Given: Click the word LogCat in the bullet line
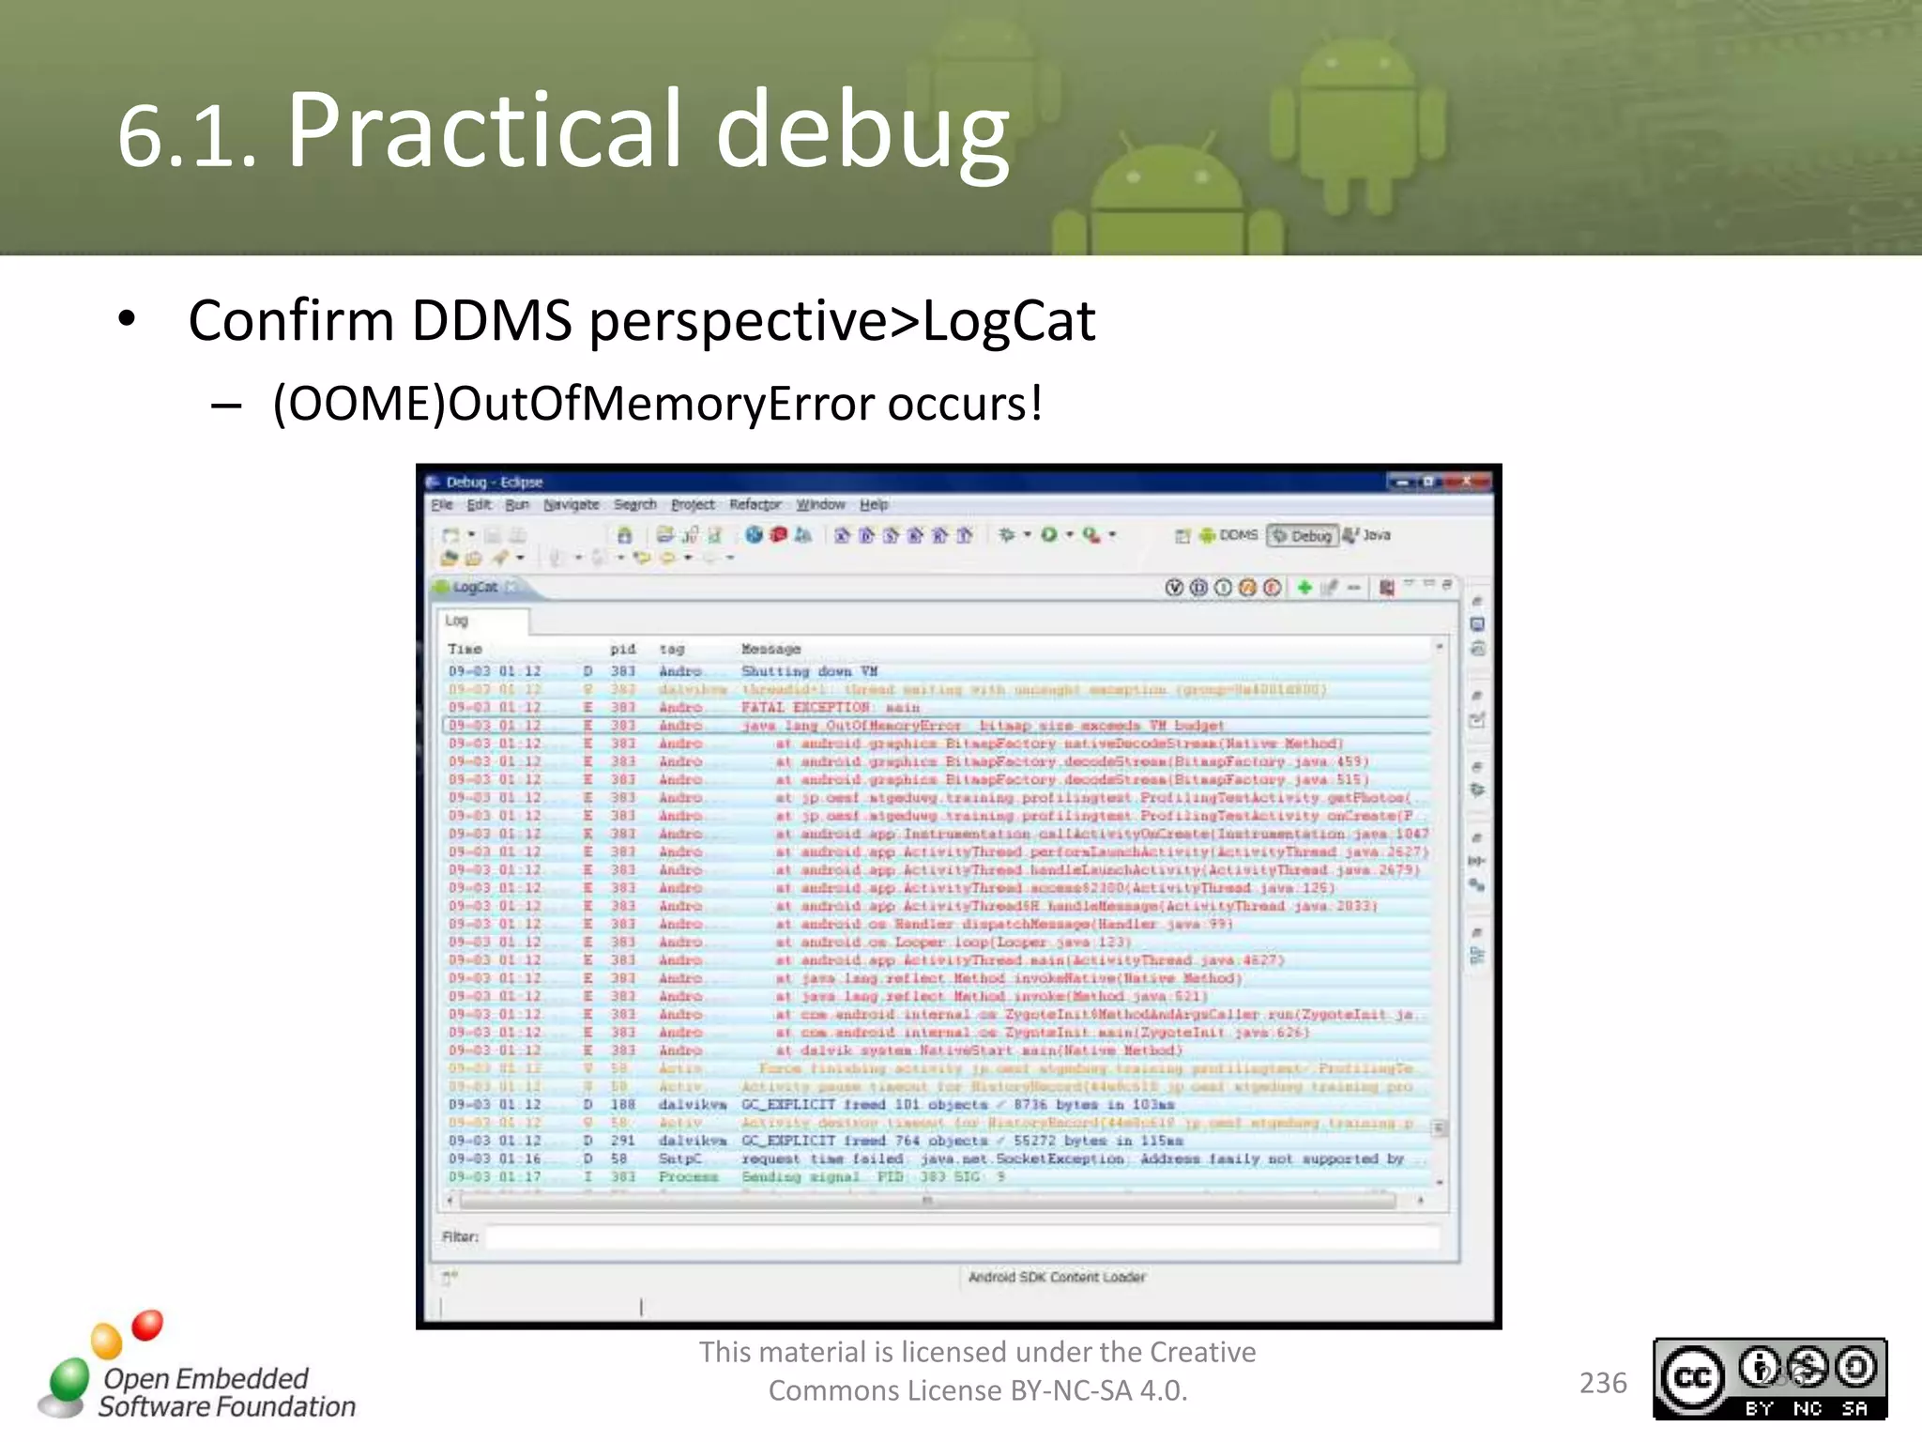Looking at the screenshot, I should (x=1008, y=321).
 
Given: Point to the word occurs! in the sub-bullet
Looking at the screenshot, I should (x=965, y=404).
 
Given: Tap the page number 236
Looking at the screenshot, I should (x=1603, y=1383).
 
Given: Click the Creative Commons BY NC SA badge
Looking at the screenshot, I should (x=1769, y=1378).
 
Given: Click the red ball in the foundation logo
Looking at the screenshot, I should (x=147, y=1325).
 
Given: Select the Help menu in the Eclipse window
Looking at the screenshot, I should (x=874, y=505).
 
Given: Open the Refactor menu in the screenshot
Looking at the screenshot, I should (x=755, y=505).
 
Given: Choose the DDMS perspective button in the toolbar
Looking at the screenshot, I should (x=1228, y=535).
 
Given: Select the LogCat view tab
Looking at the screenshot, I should (x=474, y=588).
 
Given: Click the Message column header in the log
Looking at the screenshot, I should (x=770, y=649).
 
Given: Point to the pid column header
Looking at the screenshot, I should (x=622, y=649).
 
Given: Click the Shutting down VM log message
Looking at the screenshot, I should (x=809, y=671).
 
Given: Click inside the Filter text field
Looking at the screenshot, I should (x=962, y=1237).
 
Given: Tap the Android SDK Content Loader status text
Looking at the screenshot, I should (x=1057, y=1277).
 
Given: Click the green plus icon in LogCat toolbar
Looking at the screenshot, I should (x=1304, y=588).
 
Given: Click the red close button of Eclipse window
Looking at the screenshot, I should (x=1466, y=482).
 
